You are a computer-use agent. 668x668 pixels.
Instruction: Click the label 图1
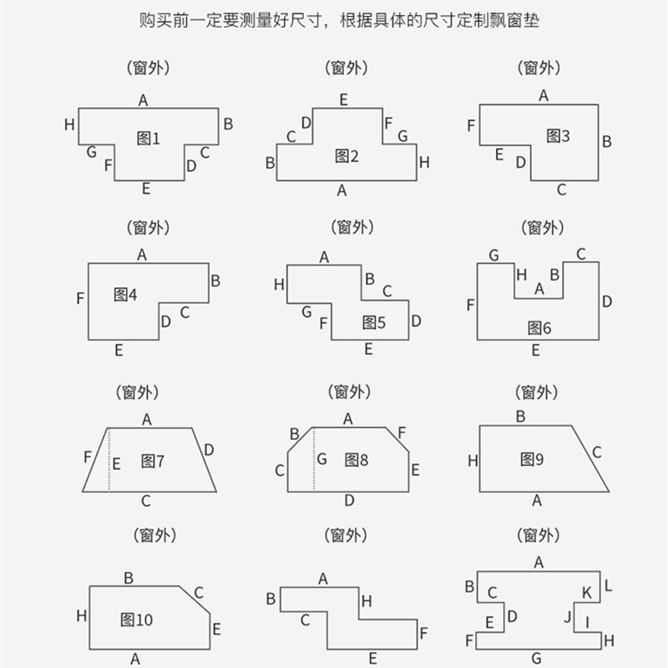point(148,139)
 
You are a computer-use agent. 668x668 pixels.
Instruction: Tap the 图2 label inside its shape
point(347,155)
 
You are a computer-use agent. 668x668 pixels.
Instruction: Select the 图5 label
point(373,322)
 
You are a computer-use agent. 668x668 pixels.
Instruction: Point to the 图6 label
point(539,328)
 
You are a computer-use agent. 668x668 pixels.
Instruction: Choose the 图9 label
point(532,458)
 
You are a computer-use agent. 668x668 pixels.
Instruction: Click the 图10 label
point(136,620)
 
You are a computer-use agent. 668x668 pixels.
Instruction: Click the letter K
point(586,593)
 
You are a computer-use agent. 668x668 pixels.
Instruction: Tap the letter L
point(608,585)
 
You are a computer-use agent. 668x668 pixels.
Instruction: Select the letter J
point(567,619)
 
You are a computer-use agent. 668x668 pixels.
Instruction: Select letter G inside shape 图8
point(321,459)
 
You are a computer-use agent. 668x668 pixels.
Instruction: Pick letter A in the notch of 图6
point(539,289)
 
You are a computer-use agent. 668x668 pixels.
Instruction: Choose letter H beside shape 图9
point(473,460)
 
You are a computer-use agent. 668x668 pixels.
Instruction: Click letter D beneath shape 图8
point(349,500)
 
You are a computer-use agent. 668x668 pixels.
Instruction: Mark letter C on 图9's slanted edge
point(596,453)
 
